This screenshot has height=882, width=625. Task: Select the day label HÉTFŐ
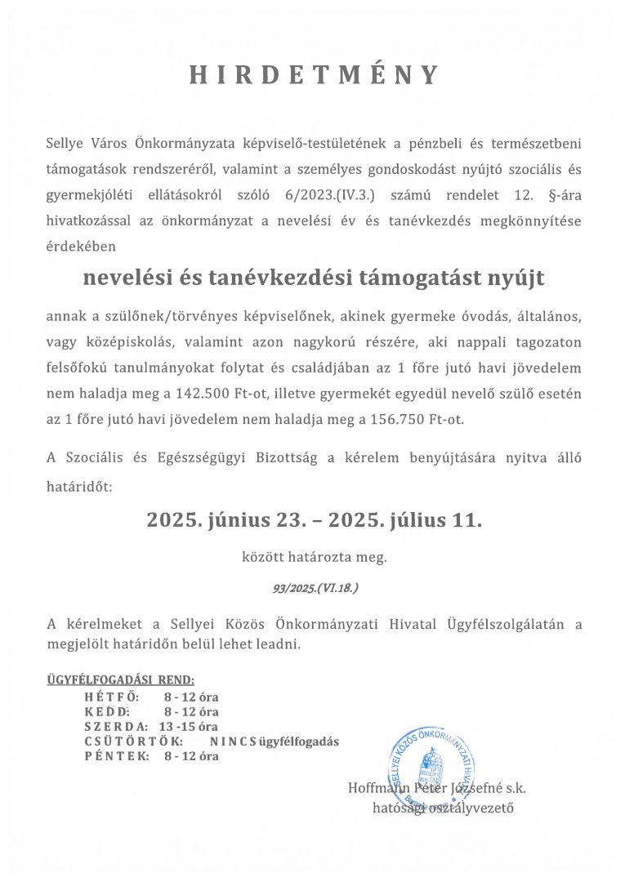coord(112,697)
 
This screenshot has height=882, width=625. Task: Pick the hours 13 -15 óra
coord(189,727)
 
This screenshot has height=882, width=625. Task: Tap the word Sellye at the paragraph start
coord(65,145)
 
